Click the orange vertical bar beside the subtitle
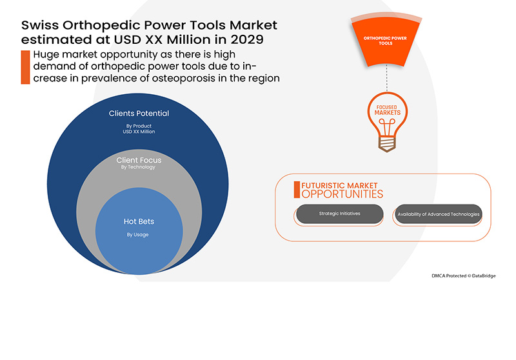tap(25, 67)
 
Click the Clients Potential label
tap(139, 114)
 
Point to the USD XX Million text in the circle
tap(139, 132)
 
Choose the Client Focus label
tap(139, 159)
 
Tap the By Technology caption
tap(139, 167)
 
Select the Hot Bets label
tap(139, 221)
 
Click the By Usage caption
tap(137, 234)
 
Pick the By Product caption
tap(139, 125)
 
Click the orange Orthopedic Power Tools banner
tap(386, 40)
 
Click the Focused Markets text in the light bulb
tap(387, 109)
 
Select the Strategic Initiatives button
tap(339, 214)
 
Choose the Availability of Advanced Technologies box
tap(439, 214)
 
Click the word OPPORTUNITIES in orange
tap(342, 194)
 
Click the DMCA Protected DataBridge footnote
tap(463, 275)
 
